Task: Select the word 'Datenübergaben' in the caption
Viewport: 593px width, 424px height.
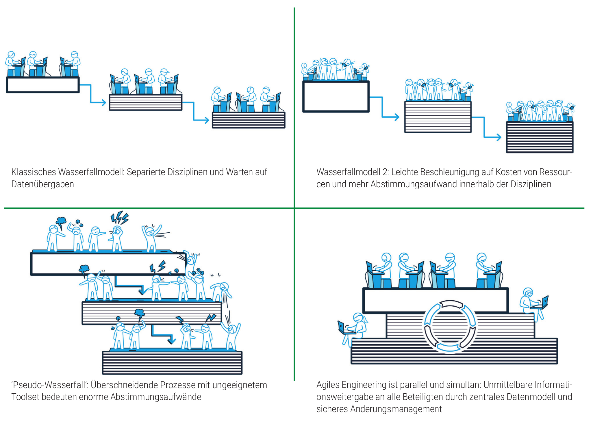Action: [x=42, y=184]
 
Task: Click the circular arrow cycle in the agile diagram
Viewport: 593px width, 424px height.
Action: [x=450, y=326]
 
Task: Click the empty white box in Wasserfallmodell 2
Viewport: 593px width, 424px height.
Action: [x=336, y=97]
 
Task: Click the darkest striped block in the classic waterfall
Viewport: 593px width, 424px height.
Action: [x=249, y=120]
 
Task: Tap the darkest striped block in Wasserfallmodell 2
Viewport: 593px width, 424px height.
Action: [x=540, y=137]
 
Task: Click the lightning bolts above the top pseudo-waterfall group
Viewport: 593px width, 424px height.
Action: [x=119, y=218]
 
